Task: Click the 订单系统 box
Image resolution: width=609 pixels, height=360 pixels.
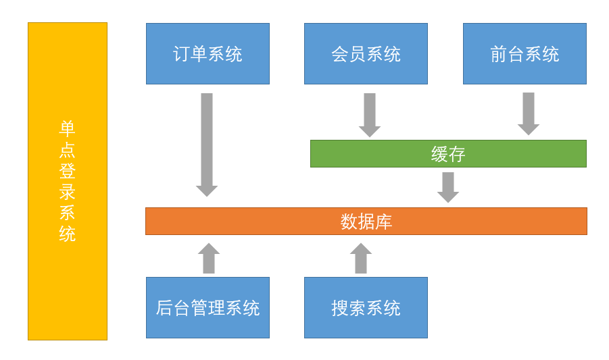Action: [x=208, y=54]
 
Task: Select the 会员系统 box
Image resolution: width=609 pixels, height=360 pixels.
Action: [x=366, y=54]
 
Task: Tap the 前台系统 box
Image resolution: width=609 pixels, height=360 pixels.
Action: [x=525, y=54]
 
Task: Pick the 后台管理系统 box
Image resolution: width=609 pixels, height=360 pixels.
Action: [x=208, y=308]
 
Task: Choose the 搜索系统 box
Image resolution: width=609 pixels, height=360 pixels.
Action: [x=366, y=308]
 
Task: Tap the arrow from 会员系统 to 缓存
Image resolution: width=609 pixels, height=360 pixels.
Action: [x=370, y=114]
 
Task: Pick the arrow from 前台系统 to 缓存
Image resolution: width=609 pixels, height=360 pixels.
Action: [x=529, y=113]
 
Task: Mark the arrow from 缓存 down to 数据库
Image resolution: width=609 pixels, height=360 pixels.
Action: [x=448, y=186]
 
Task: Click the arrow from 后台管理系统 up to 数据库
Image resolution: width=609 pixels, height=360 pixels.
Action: [x=209, y=259]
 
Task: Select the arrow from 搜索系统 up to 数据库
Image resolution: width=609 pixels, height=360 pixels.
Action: [x=361, y=259]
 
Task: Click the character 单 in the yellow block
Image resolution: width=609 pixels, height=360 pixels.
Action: [x=68, y=128]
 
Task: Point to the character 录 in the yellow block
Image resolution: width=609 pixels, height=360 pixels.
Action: [x=68, y=191]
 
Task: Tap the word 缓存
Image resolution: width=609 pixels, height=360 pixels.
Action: [x=448, y=154]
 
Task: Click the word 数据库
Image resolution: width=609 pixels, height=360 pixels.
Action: [x=366, y=222]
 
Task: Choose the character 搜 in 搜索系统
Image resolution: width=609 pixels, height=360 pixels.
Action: [x=340, y=308]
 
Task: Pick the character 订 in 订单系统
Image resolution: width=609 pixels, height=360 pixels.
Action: [x=181, y=54]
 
